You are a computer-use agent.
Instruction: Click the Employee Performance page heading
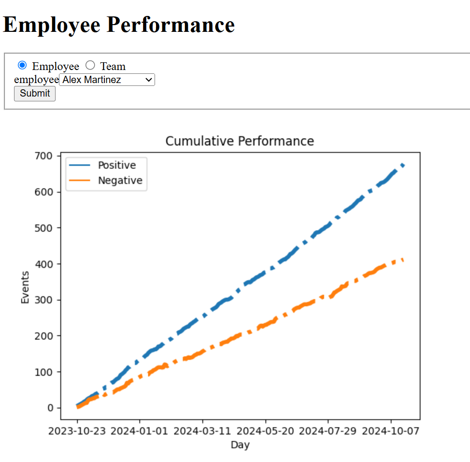tap(119, 25)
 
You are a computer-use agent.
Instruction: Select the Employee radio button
tap(22, 66)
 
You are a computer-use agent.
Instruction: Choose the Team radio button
tap(90, 66)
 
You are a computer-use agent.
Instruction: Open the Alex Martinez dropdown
tap(107, 80)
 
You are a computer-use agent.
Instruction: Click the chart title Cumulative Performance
tap(240, 141)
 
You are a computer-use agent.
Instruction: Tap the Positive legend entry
tap(116, 165)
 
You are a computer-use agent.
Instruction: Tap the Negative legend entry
tap(120, 181)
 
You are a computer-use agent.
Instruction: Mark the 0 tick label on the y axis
tap(51, 408)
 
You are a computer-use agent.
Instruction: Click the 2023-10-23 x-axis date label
tap(77, 431)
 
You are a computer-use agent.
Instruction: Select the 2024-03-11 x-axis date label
tap(202, 431)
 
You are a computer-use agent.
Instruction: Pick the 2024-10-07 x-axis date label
tap(391, 431)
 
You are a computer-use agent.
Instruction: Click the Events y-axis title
tap(25, 287)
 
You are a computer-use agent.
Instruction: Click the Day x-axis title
tap(240, 445)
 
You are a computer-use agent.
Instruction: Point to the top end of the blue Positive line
tap(403, 165)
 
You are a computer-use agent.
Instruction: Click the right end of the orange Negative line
tap(403, 260)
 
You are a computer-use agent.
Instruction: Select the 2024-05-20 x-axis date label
tap(265, 431)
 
